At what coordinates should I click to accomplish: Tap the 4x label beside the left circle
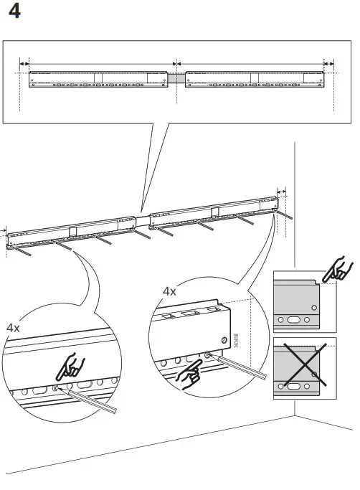click(x=13, y=326)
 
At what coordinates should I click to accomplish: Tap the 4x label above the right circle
click(x=169, y=291)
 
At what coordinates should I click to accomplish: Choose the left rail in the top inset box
click(x=98, y=79)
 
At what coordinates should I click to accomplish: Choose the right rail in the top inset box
click(x=255, y=79)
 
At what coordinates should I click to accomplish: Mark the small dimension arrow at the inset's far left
click(x=24, y=63)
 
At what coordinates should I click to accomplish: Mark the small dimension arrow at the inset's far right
click(x=329, y=63)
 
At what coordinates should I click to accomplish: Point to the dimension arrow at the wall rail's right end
click(x=281, y=192)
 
